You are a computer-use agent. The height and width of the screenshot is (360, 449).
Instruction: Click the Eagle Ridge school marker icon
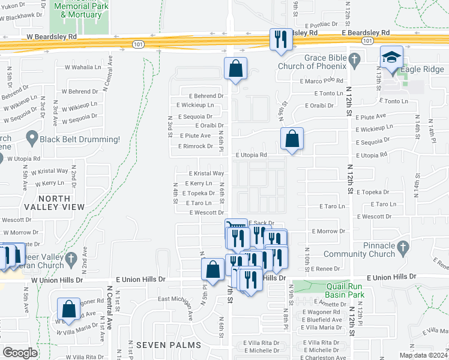[x=392, y=59]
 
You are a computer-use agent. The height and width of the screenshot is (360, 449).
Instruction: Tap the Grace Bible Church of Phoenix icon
[x=354, y=59]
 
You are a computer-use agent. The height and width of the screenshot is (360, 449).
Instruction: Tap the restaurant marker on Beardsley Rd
[x=280, y=40]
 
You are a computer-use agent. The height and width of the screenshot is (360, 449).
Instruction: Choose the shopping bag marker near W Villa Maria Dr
[x=69, y=310]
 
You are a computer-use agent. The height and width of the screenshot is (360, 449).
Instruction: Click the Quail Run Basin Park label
[x=346, y=290]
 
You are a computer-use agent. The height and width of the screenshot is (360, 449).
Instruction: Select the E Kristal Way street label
[x=206, y=173]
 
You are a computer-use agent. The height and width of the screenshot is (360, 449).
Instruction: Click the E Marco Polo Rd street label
[x=322, y=81]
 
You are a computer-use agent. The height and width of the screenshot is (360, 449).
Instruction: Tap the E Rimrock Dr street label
[x=196, y=146]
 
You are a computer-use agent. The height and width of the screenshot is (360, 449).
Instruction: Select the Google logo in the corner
[x=20, y=353]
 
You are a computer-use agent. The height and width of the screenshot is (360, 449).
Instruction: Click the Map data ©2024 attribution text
[x=424, y=355]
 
